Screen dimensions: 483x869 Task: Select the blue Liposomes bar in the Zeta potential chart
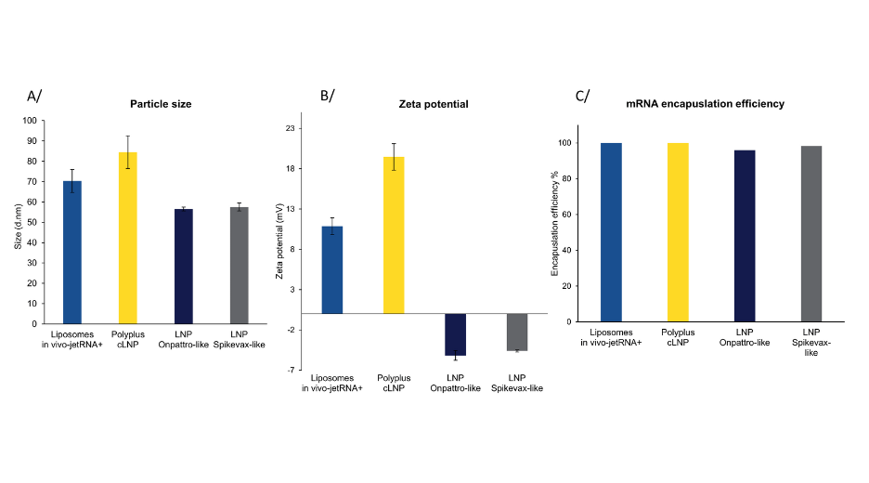[331, 269]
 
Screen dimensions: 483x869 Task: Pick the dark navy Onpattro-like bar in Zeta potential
[455, 334]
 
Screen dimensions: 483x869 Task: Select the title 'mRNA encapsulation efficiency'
[707, 104]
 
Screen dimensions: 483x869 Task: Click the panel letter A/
[33, 96]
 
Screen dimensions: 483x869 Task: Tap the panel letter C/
[582, 96]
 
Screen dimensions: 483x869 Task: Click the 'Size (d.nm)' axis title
[18, 223]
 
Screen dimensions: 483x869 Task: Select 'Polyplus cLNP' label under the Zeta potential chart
[395, 383]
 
